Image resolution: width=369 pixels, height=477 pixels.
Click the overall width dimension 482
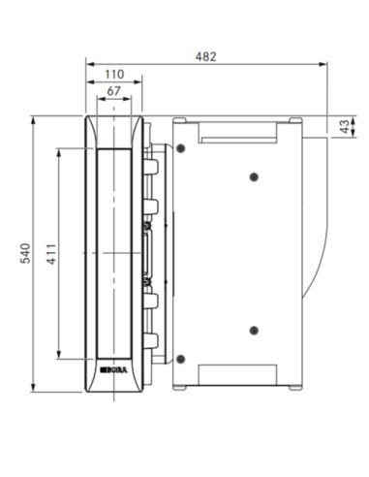coord(204,55)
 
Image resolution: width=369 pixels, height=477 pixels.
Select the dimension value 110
coord(114,75)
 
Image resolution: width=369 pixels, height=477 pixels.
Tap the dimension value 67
coord(114,92)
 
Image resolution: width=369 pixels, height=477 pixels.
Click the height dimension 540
coord(26,254)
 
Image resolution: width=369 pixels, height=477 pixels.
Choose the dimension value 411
coord(52,254)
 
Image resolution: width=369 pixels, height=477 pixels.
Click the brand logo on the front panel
coord(112,368)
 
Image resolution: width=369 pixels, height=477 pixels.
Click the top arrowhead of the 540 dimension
coord(34,120)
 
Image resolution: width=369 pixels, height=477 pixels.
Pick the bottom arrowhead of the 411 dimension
coord(60,356)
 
